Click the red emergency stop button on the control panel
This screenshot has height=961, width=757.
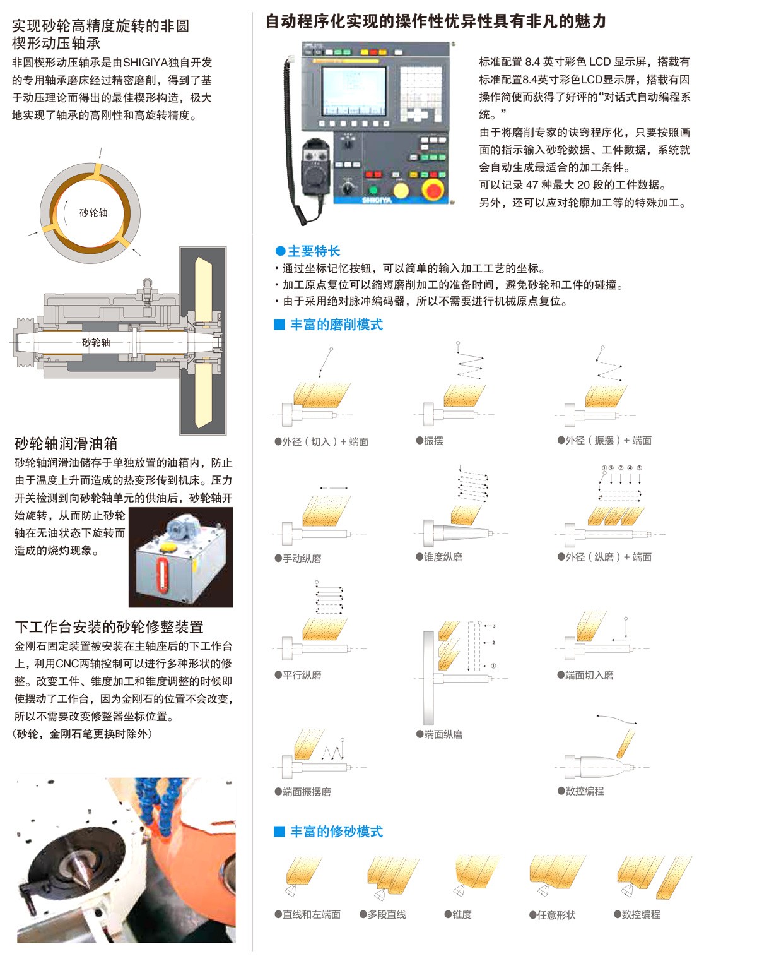[432, 189]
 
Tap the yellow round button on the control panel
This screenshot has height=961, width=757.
[400, 190]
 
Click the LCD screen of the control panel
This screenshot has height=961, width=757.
[354, 91]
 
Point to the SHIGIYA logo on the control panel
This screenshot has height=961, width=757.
[377, 200]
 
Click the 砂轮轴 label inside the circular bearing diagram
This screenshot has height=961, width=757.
[93, 213]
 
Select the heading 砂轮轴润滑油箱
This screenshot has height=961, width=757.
[66, 443]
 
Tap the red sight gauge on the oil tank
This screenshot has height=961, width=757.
[162, 575]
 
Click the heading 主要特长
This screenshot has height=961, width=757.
[314, 251]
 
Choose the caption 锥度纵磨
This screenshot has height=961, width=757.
[443, 557]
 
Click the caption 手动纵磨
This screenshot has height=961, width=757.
[302, 558]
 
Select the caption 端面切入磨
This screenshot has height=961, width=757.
[589, 675]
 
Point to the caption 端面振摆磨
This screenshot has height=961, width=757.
[307, 792]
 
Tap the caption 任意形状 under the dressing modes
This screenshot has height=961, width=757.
[556, 915]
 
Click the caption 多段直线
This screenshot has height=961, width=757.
[387, 914]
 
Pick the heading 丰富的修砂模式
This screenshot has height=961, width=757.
[336, 832]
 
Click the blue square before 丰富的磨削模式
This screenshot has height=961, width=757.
[279, 324]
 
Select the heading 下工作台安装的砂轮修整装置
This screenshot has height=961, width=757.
[109, 626]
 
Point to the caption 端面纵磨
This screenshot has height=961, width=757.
[443, 734]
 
